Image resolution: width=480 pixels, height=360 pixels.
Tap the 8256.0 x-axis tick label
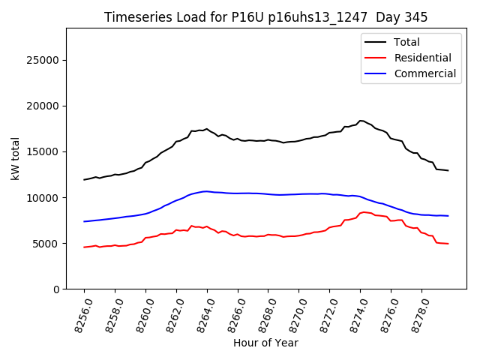(x=78, y=314)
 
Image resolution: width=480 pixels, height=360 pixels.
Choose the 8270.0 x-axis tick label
(x=292, y=314)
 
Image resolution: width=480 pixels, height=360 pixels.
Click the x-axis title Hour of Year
(x=265, y=343)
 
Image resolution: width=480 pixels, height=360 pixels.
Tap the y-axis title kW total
(x=15, y=158)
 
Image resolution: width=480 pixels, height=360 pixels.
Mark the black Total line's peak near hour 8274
(x=361, y=120)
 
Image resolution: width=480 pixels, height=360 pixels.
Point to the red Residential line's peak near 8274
(x=364, y=212)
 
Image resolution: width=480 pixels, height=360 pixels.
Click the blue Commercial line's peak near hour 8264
(x=205, y=191)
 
